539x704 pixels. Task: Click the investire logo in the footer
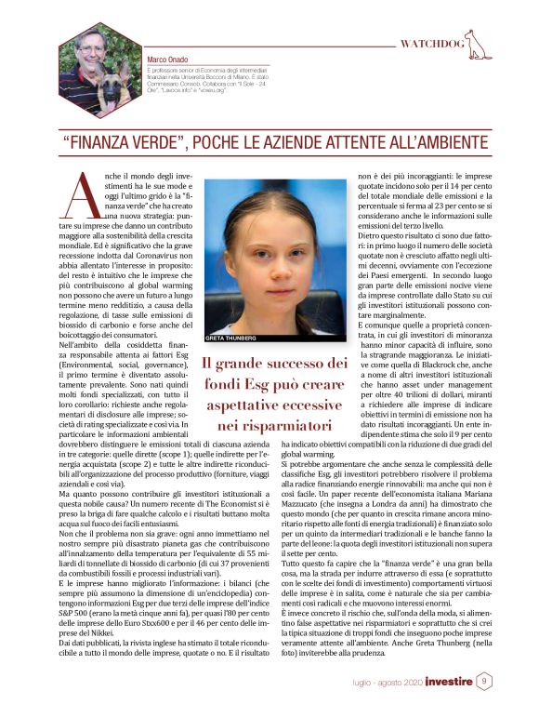click(448, 683)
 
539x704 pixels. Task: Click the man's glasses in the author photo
click(89, 45)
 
